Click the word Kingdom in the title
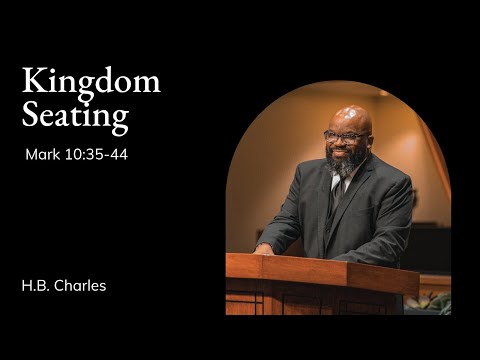click(x=91, y=82)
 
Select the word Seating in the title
click(x=75, y=115)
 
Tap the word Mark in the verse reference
click(x=43, y=155)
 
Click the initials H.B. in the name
click(x=35, y=286)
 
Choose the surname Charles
click(x=81, y=286)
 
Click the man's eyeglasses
click(x=345, y=135)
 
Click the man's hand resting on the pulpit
click(x=264, y=248)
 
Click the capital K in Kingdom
click(x=32, y=82)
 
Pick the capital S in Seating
click(x=30, y=115)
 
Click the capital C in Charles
click(x=63, y=286)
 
